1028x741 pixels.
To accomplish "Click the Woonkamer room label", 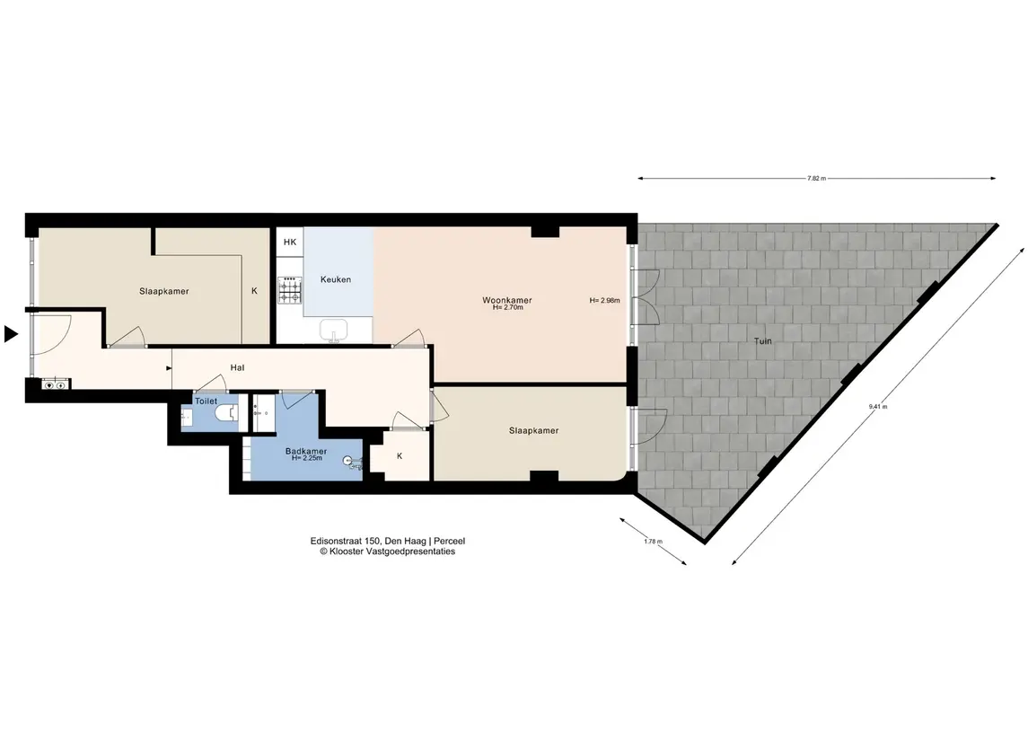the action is [506, 300].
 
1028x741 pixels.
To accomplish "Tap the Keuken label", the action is [336, 279].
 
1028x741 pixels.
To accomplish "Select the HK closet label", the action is [290, 242].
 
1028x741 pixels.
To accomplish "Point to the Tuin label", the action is [762, 341].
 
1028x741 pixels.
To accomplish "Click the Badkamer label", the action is [306, 451].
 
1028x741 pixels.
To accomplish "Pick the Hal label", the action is [237, 368].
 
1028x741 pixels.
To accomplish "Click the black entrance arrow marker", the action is [11, 334].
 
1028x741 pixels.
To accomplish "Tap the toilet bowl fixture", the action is [227, 414].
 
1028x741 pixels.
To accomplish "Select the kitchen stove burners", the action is [290, 290].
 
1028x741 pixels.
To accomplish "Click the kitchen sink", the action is [334, 331].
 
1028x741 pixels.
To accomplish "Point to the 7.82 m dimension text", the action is [816, 179].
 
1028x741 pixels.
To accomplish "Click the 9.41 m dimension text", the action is [878, 407].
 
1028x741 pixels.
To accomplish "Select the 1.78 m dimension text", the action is [653, 542].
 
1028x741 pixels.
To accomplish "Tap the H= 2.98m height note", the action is [604, 300].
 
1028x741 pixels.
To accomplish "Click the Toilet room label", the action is [206, 401].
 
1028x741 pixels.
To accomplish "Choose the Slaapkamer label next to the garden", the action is [533, 431].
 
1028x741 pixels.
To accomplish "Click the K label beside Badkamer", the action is [400, 455].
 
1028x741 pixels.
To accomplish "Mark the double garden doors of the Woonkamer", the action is [646, 297].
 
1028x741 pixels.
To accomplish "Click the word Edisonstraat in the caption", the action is [336, 541].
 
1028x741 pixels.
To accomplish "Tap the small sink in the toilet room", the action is [186, 416].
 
